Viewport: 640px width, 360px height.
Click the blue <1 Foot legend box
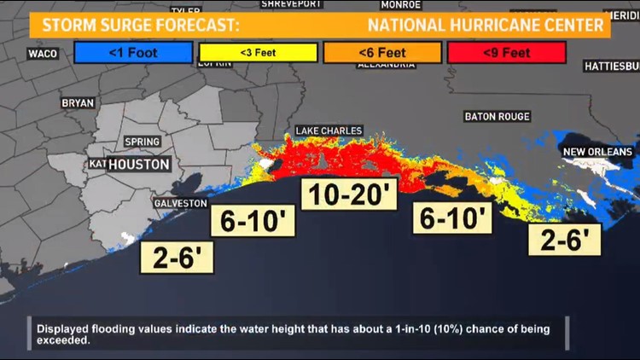click(132, 53)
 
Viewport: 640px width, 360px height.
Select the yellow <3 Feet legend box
click(258, 53)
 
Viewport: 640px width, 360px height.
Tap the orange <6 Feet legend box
click(381, 53)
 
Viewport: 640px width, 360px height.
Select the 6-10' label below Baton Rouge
click(454, 218)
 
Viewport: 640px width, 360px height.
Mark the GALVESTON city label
click(180, 203)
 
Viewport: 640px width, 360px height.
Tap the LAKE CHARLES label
click(329, 131)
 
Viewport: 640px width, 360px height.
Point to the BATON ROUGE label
click(497, 116)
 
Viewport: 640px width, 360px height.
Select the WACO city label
click(43, 54)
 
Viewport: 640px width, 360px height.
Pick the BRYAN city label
click(78, 102)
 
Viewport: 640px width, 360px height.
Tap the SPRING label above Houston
click(142, 142)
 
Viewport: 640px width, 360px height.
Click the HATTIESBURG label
click(611, 66)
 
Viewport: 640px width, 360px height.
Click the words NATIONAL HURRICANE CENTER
click(486, 25)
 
